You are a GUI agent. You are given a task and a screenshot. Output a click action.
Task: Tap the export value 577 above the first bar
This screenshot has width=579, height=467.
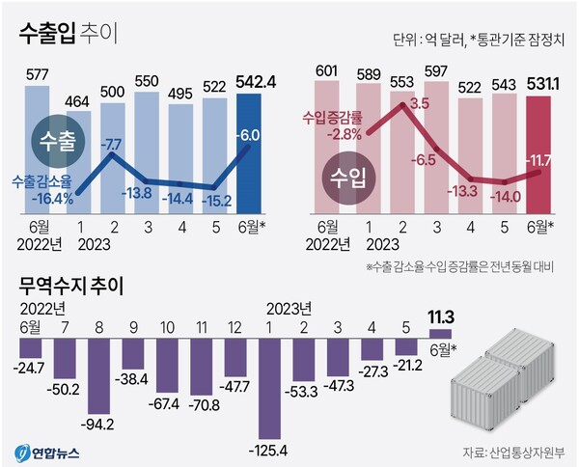tap(37, 75)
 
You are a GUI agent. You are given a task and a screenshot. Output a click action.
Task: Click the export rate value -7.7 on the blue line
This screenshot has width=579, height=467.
tap(112, 145)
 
